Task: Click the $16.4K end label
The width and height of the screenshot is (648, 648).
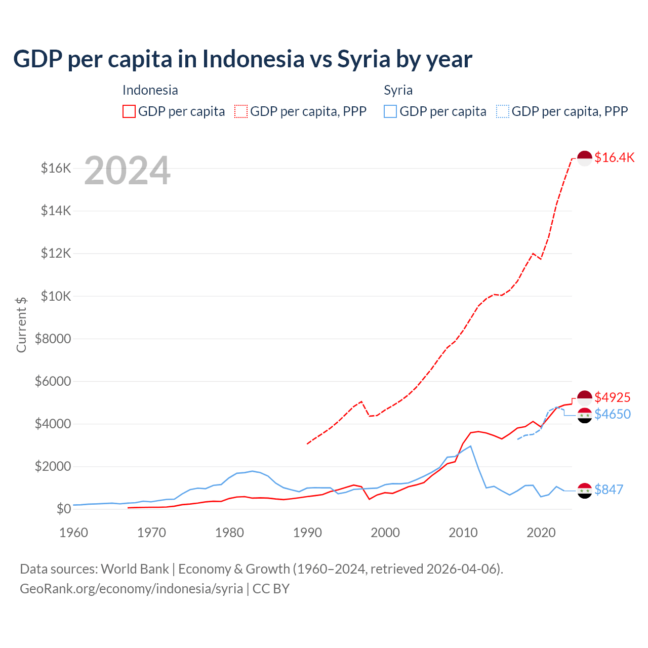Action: (x=614, y=157)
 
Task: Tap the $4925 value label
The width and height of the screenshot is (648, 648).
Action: (x=612, y=397)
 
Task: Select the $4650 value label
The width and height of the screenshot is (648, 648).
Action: (x=612, y=414)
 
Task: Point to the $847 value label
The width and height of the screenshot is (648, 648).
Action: (x=609, y=490)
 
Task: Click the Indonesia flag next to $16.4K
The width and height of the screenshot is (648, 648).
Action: (x=585, y=158)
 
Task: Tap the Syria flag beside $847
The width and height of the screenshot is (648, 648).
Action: (x=585, y=490)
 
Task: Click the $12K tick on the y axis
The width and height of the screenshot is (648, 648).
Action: (x=56, y=253)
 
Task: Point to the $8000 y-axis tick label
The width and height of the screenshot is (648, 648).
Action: (x=53, y=339)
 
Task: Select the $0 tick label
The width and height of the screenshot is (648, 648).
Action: (x=63, y=509)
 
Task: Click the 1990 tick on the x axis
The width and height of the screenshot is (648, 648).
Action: (x=307, y=533)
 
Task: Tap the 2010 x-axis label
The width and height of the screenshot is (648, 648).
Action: (x=463, y=533)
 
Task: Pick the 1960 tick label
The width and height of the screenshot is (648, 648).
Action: (x=73, y=533)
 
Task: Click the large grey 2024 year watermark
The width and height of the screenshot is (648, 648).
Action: (x=127, y=171)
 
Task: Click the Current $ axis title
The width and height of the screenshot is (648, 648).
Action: (x=21, y=325)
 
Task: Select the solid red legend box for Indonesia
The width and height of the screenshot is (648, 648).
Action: (x=129, y=111)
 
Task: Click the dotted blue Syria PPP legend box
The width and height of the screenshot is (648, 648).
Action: (x=503, y=111)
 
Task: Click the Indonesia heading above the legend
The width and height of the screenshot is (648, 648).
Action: (x=150, y=90)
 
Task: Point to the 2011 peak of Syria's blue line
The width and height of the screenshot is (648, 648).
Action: (x=471, y=446)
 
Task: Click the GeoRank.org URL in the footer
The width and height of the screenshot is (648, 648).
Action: (x=131, y=589)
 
